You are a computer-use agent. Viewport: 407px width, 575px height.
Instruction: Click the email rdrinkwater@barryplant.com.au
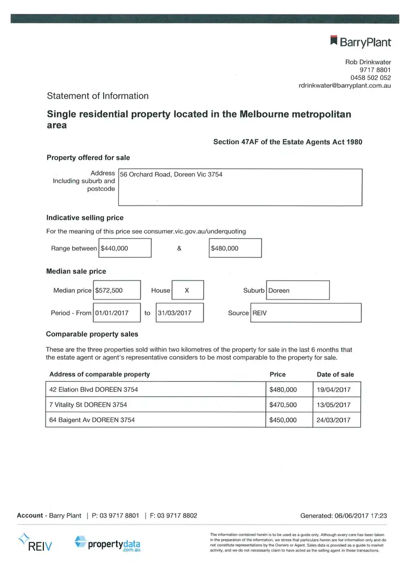pos(345,86)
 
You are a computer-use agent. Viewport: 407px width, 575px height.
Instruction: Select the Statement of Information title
pos(98,96)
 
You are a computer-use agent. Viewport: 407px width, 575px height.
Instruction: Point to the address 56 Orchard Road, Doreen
pos(171,175)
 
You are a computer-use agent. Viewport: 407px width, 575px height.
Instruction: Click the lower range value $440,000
pos(115,248)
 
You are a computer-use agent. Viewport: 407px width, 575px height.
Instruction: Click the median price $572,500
pos(109,290)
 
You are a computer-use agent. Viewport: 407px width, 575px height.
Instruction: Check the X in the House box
pos(187,290)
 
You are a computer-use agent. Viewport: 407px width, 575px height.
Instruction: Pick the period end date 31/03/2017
pos(174,313)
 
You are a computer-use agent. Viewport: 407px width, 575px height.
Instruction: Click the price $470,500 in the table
pos(283,405)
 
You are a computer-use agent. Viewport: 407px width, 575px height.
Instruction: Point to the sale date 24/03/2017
pos(334,420)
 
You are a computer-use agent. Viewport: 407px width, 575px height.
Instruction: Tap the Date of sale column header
pos(335,374)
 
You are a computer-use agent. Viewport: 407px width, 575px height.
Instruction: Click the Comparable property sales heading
pos(92,334)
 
